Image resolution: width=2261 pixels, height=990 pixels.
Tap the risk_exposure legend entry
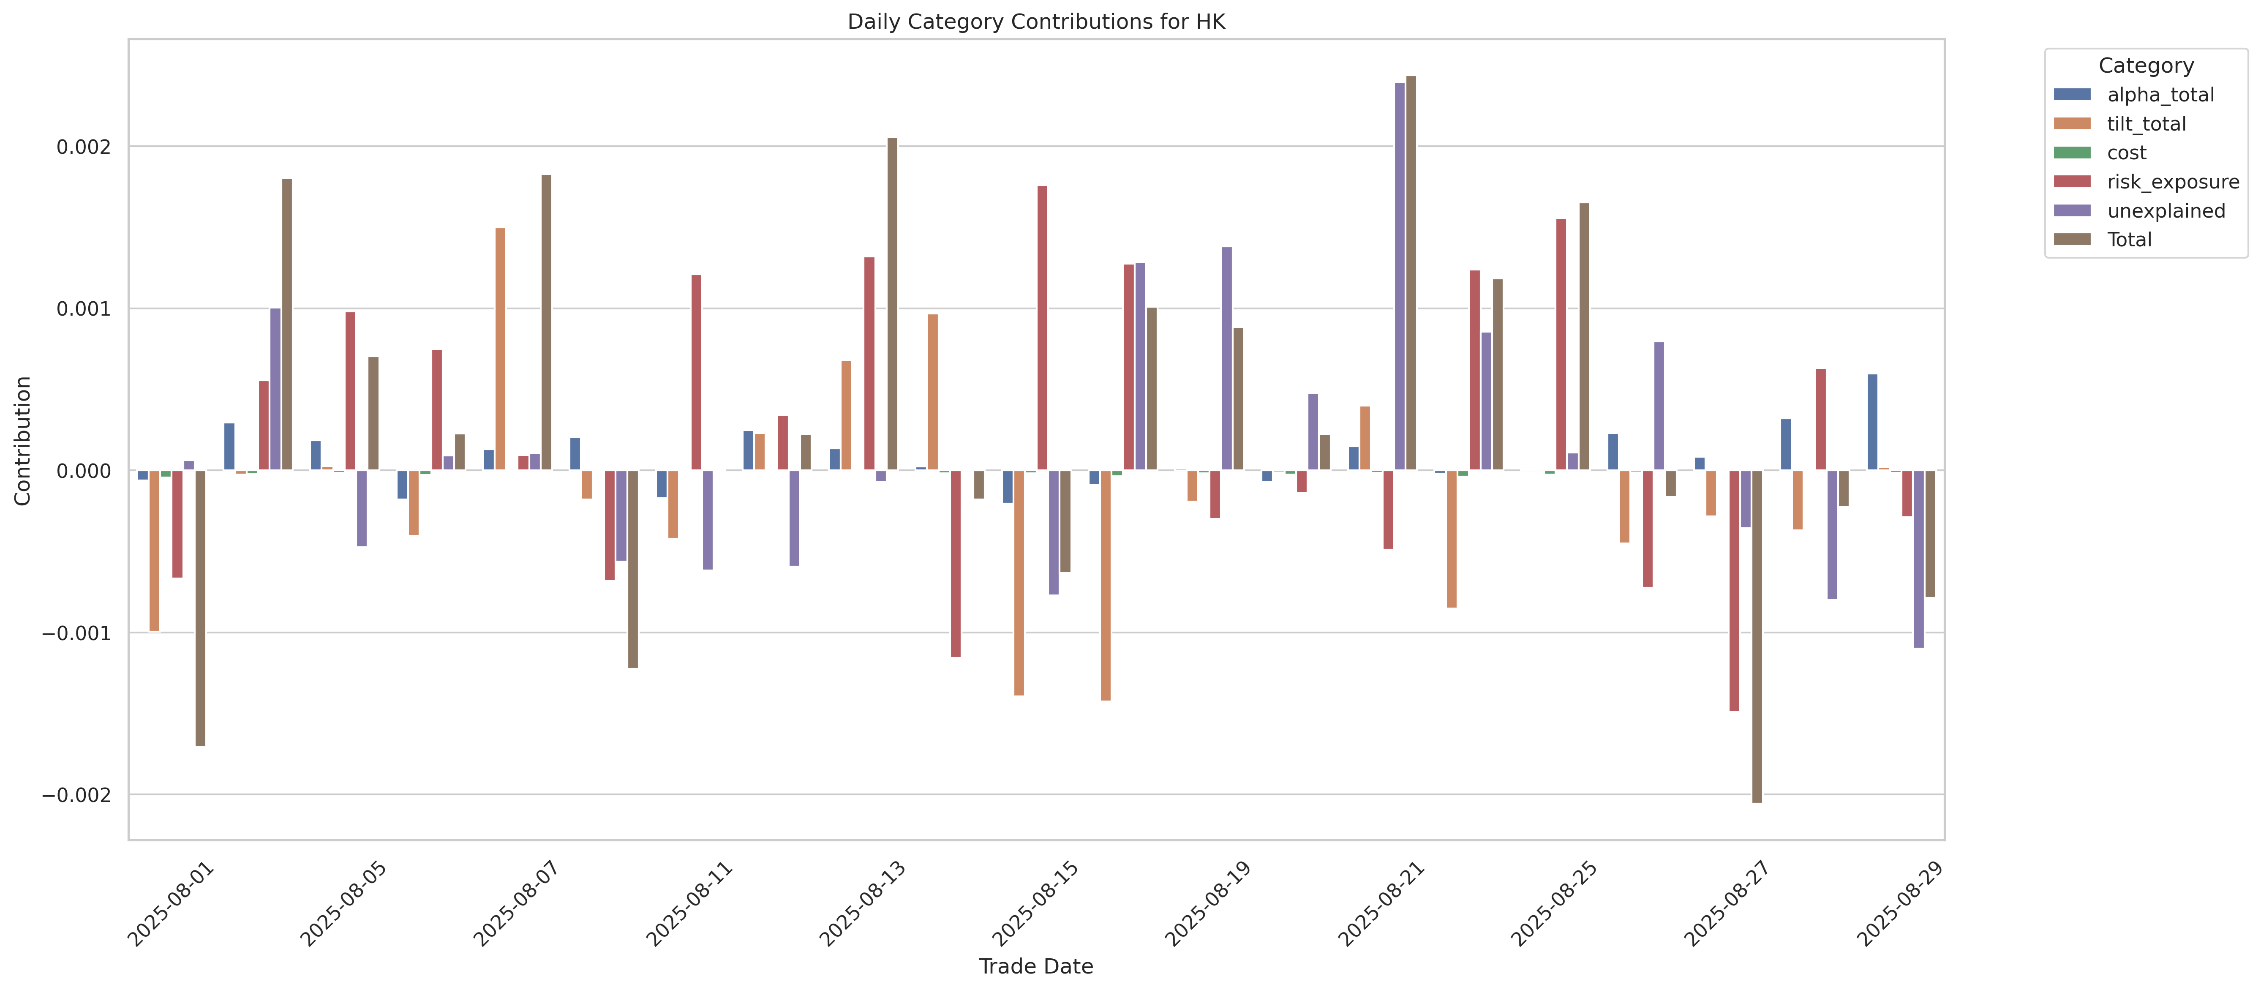click(2146, 182)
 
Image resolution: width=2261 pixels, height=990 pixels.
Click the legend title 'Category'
click(2146, 66)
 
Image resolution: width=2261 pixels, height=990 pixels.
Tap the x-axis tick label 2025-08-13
click(862, 904)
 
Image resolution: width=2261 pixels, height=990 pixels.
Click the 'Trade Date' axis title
click(1036, 966)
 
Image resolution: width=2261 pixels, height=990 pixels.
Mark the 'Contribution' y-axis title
click(23, 441)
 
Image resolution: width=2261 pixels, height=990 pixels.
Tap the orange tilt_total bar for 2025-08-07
click(500, 349)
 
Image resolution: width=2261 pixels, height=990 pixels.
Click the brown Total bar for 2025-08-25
click(1584, 337)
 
